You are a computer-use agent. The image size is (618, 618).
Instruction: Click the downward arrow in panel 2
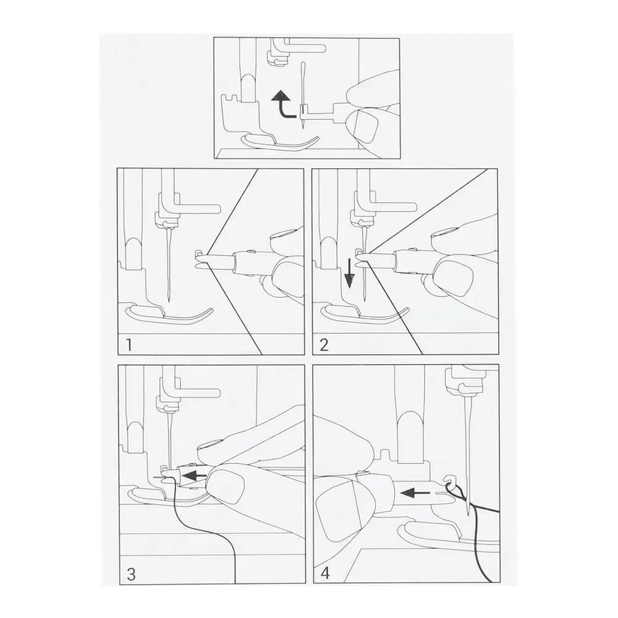pos(349,274)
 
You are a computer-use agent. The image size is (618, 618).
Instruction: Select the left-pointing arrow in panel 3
pos(196,475)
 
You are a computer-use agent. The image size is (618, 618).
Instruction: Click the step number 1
pos(129,345)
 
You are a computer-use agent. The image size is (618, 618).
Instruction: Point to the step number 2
pos(324,345)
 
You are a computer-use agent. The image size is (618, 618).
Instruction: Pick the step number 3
pos(131,574)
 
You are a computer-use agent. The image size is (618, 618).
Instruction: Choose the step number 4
pos(325,573)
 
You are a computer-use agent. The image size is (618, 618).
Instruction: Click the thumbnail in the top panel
pos(365,127)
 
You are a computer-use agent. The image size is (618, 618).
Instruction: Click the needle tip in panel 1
pos(169,302)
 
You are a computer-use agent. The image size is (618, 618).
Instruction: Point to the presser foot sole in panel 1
pos(169,314)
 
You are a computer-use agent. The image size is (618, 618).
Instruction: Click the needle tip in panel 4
pos(467,514)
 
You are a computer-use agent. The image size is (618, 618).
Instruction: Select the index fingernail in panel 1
pos(282,235)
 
